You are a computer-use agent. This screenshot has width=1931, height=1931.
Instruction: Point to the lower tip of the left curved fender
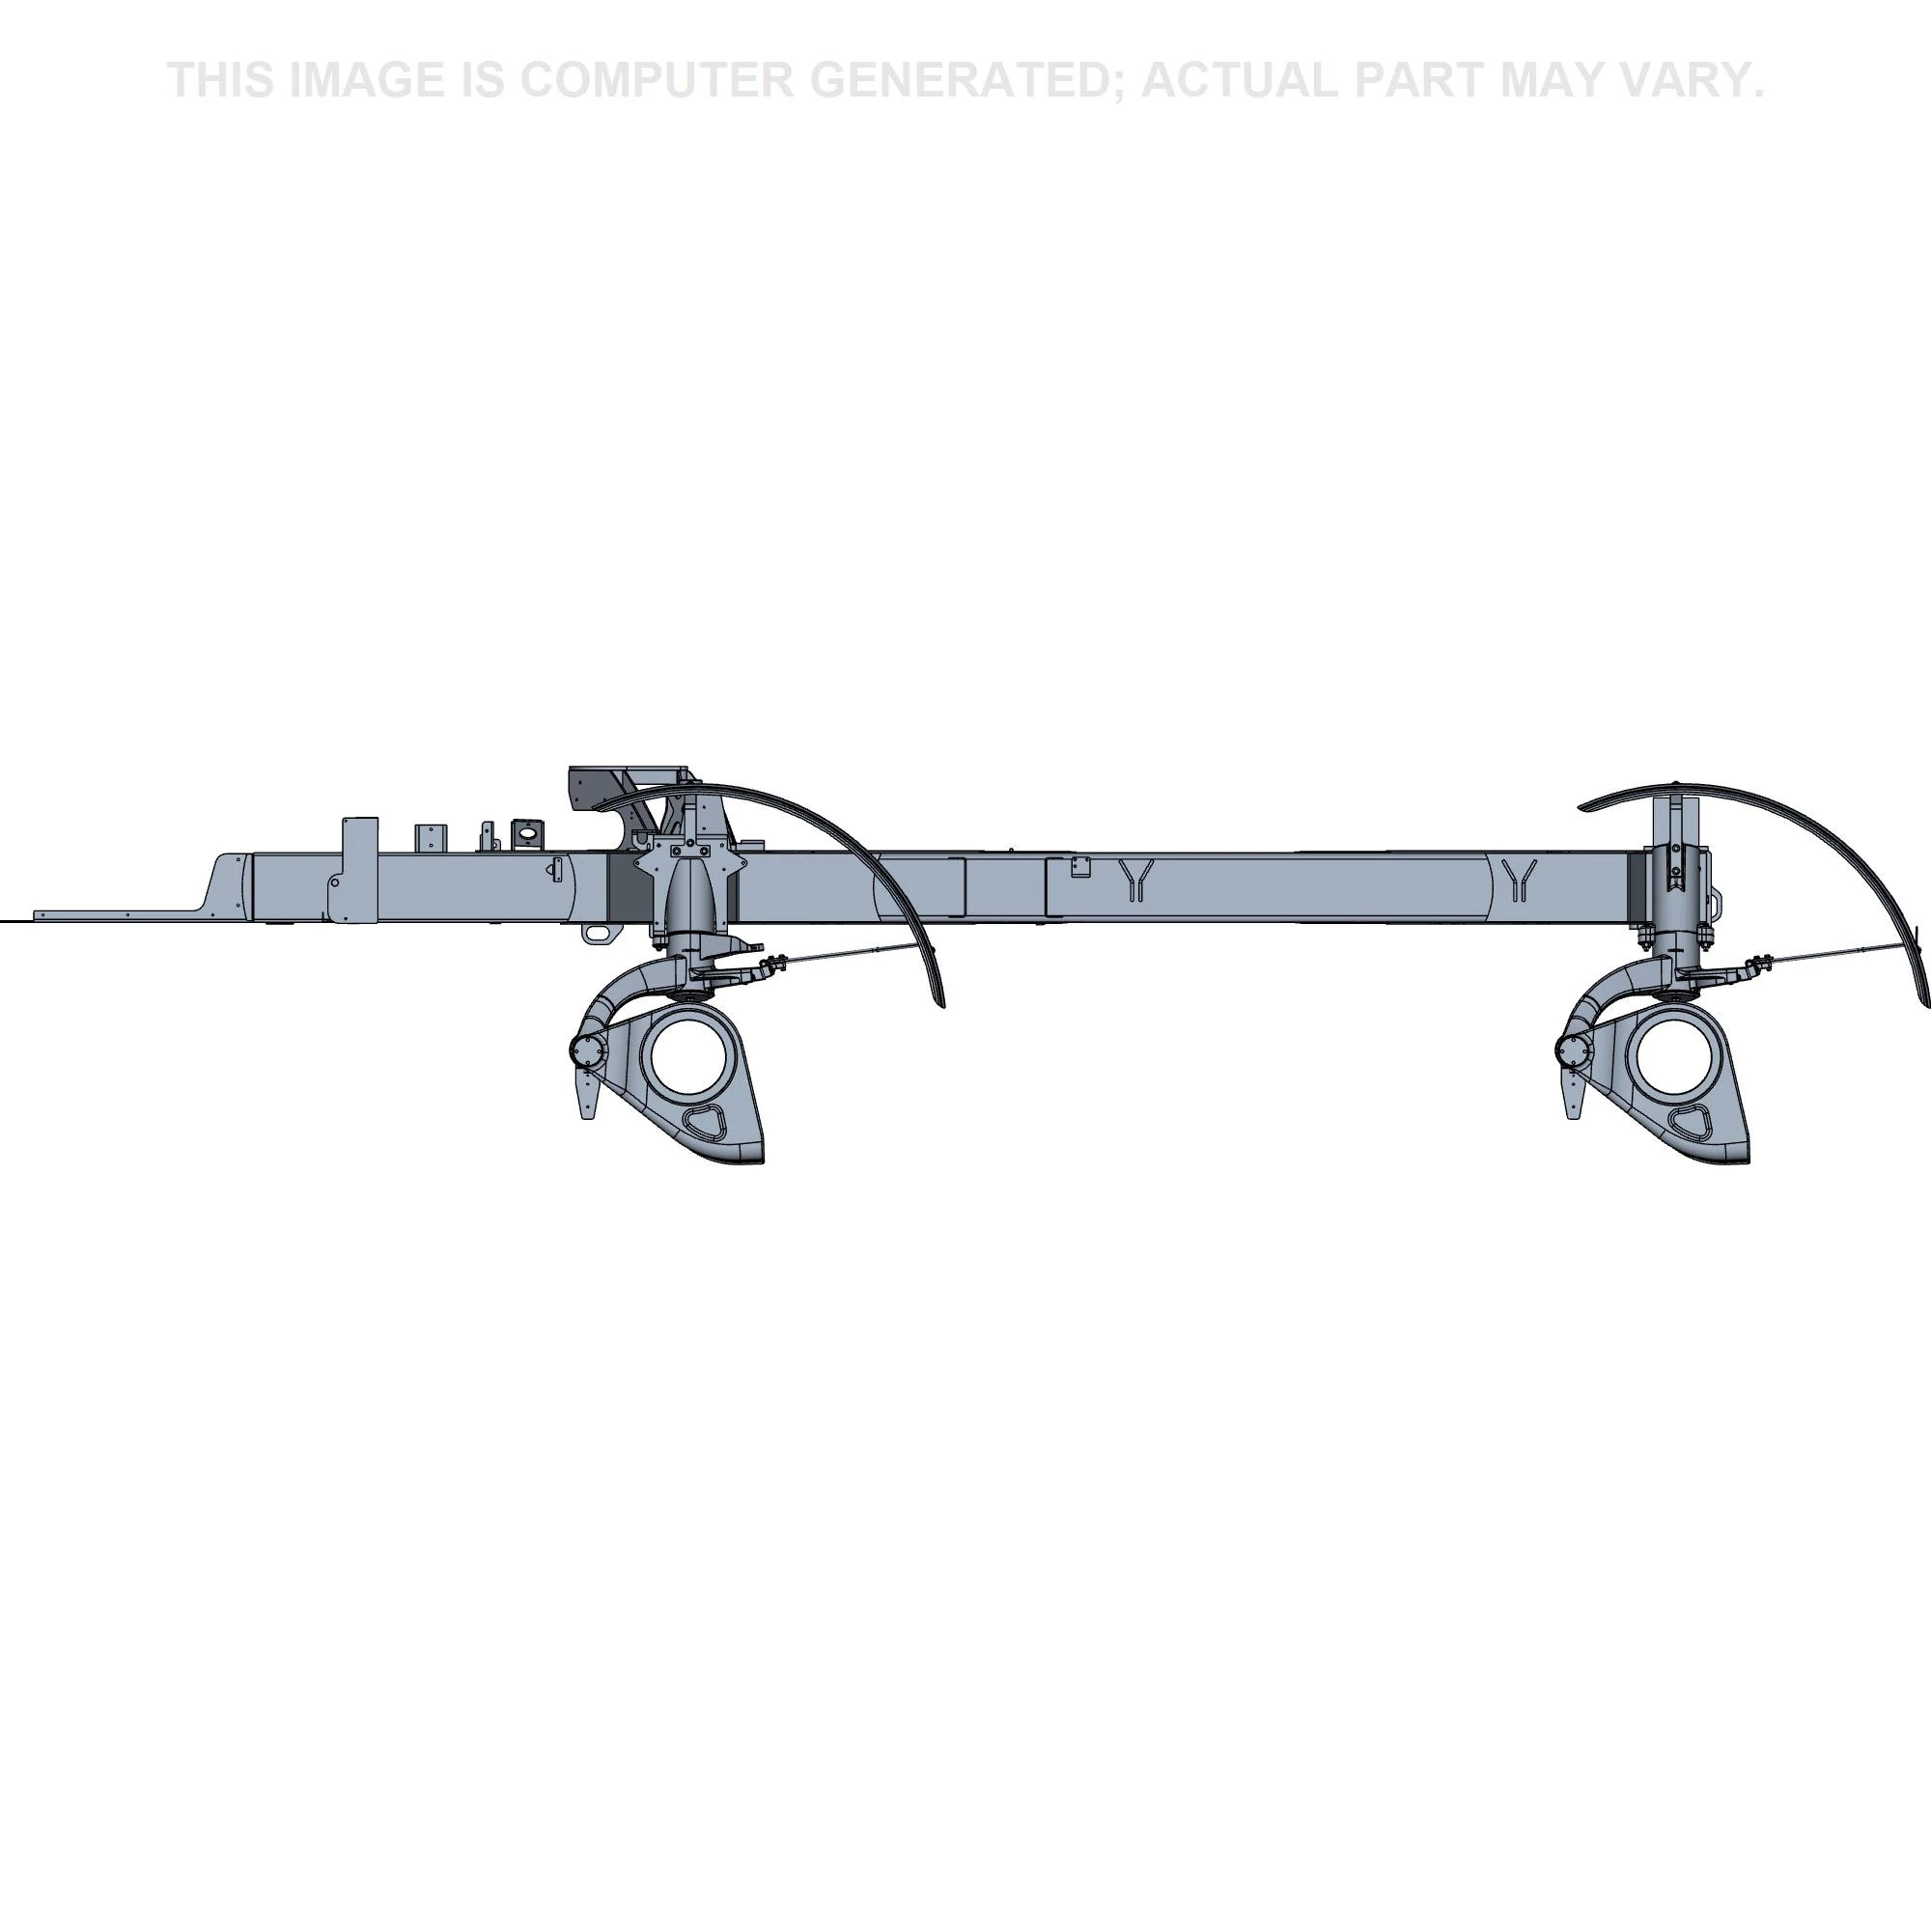(x=941, y=1006)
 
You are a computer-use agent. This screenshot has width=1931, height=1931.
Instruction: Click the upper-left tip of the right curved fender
(x=1580, y=807)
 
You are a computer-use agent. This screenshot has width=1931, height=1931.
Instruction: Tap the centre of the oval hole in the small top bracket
(x=527, y=830)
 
